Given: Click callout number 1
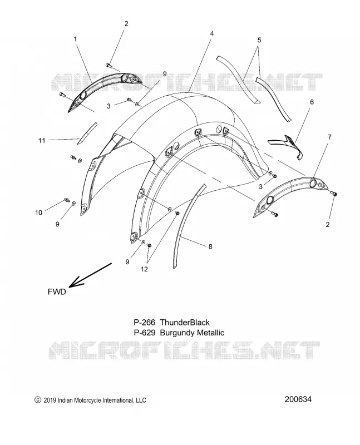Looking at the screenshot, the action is point(75,39).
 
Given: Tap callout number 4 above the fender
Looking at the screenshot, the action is point(212,33).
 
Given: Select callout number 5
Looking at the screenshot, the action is point(259,40).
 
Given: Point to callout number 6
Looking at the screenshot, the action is point(312,102).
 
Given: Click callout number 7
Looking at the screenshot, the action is point(329,137).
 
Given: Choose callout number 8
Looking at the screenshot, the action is point(210,246).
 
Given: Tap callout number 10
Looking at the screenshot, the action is point(39,212).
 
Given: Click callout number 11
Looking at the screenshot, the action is point(42,140).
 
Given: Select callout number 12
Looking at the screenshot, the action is point(144,269).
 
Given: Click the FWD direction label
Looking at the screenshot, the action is point(57,291).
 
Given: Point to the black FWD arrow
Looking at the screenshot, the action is point(90,275).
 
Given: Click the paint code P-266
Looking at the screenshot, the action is point(145,323).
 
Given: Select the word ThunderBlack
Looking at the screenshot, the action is point(185,323).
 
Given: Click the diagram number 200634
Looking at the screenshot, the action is point(298,399).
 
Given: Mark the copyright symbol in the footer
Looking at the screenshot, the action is point(37,400).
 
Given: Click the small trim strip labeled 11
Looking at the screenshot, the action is point(87,133).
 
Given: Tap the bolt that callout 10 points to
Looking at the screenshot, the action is point(67,200).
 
